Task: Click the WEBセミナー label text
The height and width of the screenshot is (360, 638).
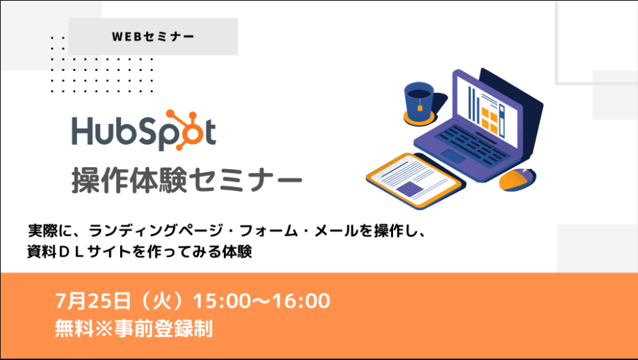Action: pyautogui.click(x=153, y=37)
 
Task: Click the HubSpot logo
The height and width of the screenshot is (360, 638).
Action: pyautogui.click(x=144, y=130)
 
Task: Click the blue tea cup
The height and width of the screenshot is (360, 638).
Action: pyautogui.click(x=419, y=101)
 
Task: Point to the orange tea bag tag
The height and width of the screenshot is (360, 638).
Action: pyautogui.click(x=420, y=108)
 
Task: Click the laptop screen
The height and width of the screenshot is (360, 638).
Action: pyautogui.click(x=487, y=109)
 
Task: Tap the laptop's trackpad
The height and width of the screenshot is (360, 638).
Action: pyautogui.click(x=454, y=156)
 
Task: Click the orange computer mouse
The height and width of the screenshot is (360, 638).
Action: pyautogui.click(x=517, y=179)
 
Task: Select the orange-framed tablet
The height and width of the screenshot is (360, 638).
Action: pyautogui.click(x=414, y=181)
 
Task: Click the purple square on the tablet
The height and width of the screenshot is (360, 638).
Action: pyautogui.click(x=409, y=189)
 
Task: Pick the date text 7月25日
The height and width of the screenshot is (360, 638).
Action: pyautogui.click(x=93, y=301)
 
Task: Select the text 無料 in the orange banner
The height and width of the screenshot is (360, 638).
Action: pyautogui.click(x=74, y=328)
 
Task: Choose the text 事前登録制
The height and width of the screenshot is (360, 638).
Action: pyautogui.click(x=164, y=328)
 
